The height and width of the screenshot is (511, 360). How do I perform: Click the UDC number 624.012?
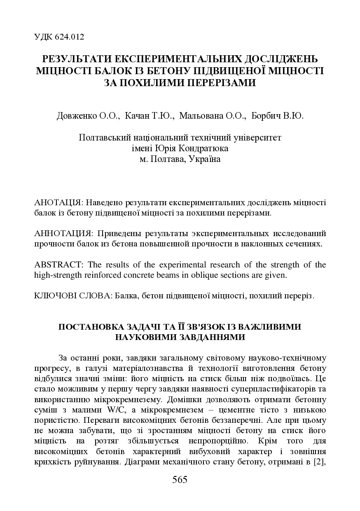tap(68, 37)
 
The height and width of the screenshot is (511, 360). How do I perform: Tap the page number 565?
tap(180, 480)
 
